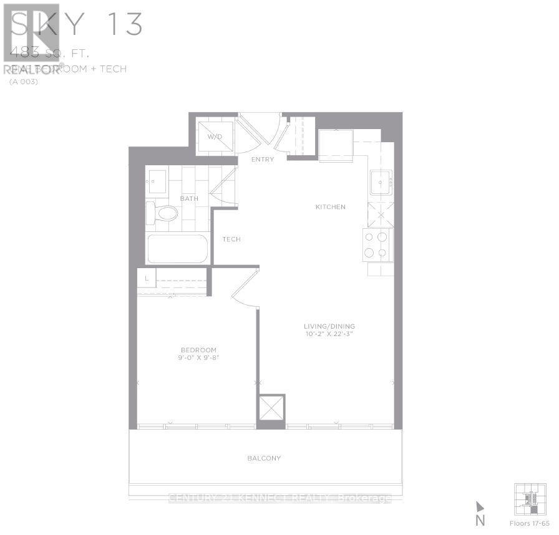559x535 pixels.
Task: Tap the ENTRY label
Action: pyautogui.click(x=263, y=160)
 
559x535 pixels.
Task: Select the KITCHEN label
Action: pyautogui.click(x=330, y=207)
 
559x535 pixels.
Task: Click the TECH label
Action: pyautogui.click(x=231, y=239)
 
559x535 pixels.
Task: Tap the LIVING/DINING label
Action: pyautogui.click(x=329, y=326)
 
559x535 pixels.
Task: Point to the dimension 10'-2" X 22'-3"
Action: pyautogui.click(x=329, y=335)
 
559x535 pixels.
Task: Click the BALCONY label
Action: pyautogui.click(x=263, y=458)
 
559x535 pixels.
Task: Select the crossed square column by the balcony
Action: pyautogui.click(x=271, y=409)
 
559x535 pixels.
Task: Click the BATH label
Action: pyautogui.click(x=189, y=199)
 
